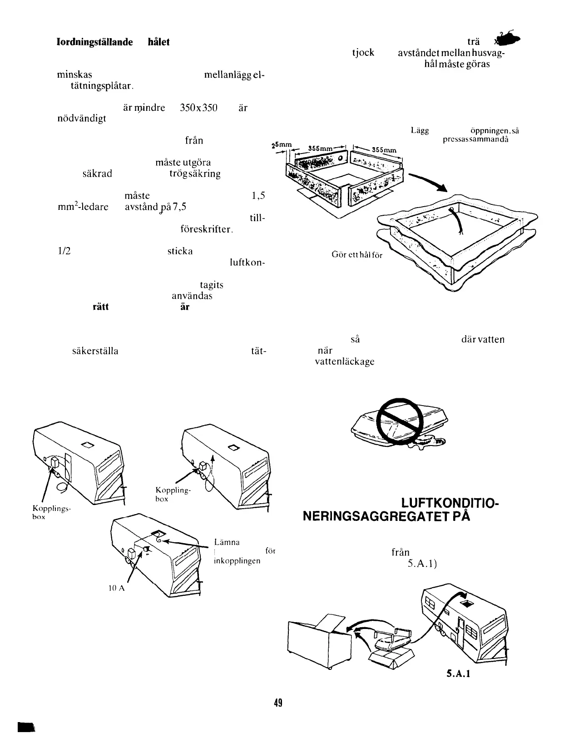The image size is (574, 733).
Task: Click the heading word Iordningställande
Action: [x=94, y=42]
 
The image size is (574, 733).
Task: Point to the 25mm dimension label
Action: [x=281, y=146]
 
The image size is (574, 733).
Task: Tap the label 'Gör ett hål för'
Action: [x=357, y=255]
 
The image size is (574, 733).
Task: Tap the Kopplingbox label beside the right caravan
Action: [x=173, y=494]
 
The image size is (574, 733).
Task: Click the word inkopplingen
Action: [x=237, y=560]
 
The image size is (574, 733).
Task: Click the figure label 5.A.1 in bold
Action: [x=458, y=674]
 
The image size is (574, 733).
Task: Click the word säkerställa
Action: [x=95, y=351]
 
